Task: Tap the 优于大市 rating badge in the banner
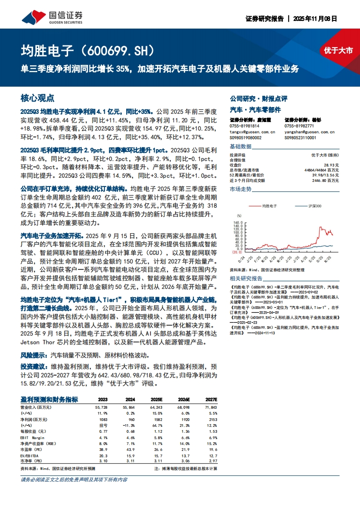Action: [338, 51]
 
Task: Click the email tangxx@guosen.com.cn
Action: [252, 132]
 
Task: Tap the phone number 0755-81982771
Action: [299, 126]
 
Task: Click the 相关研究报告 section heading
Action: [246, 278]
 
